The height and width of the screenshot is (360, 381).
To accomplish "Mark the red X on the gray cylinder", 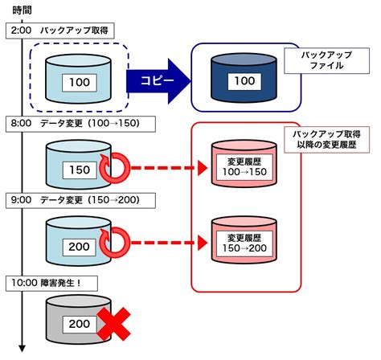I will pyautogui.click(x=116, y=324).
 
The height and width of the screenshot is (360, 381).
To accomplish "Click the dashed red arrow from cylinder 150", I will pyautogui.click(x=165, y=169).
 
